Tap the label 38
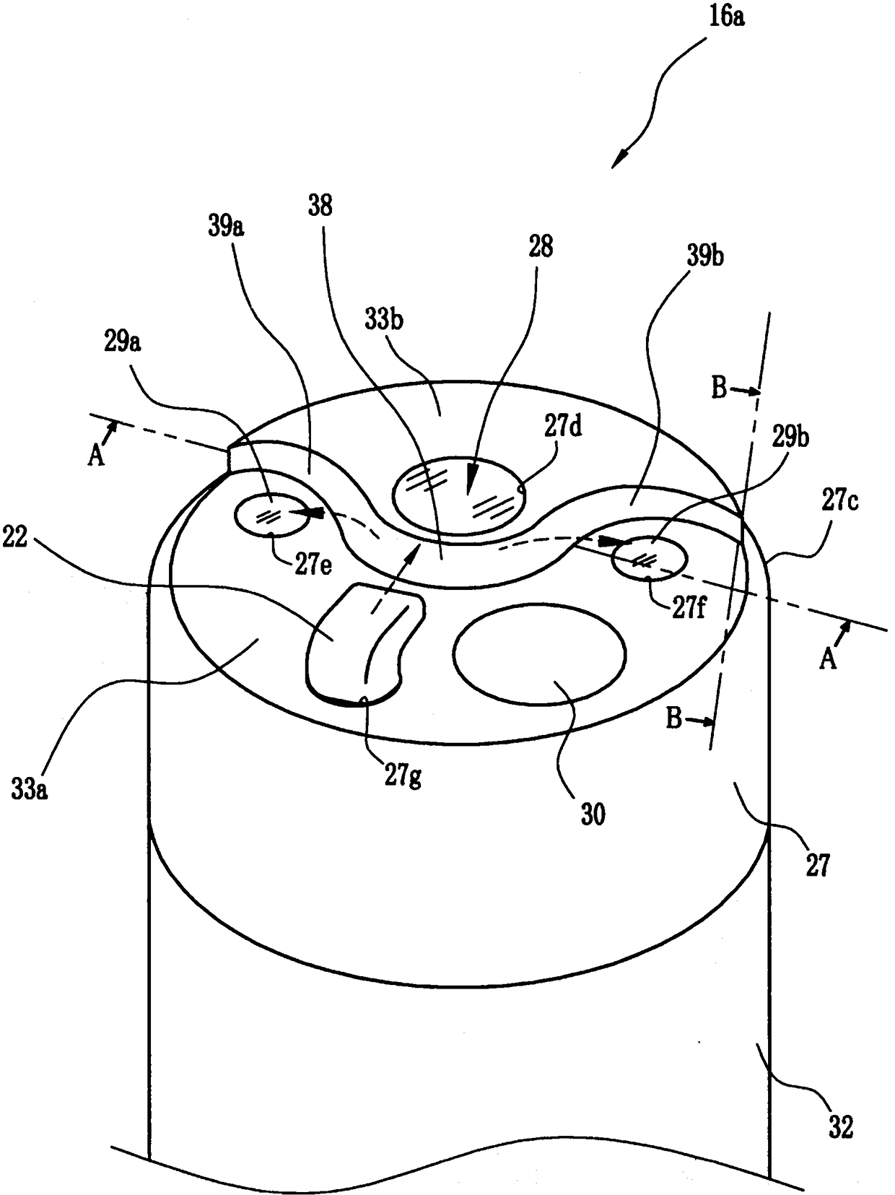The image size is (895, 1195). pos(320,206)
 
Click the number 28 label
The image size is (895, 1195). pos(541,247)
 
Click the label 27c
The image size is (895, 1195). pos(839,501)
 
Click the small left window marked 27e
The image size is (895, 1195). pos(271,515)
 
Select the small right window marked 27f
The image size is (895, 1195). pos(648,559)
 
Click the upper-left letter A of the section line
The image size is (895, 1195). pos(96,456)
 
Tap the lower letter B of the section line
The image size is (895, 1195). pos(673,720)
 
